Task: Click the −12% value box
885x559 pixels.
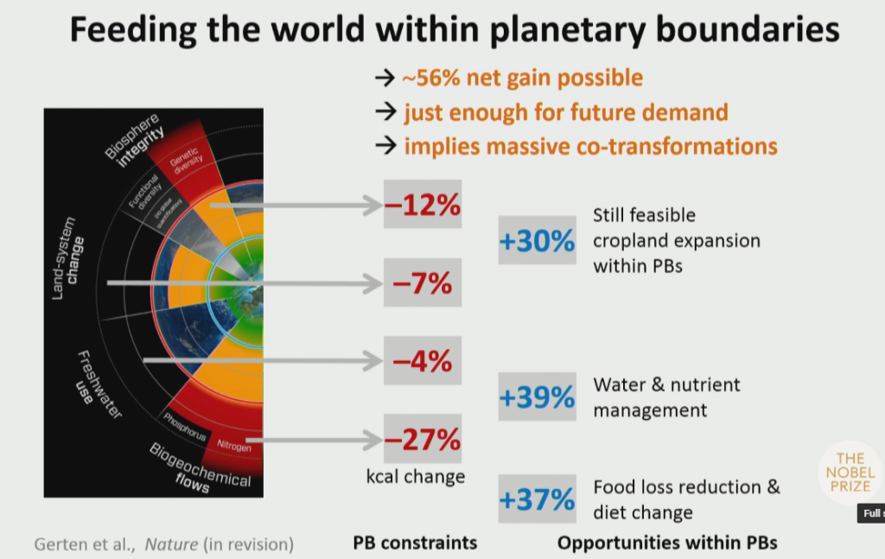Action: coord(423,205)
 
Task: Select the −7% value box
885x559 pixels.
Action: coord(423,283)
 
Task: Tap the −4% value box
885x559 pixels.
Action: coord(423,360)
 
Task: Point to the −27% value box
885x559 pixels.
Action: coord(423,439)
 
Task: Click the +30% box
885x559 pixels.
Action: coord(537,241)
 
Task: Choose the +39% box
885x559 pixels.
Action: coord(537,397)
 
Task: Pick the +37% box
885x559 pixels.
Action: coord(537,499)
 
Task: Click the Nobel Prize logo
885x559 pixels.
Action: coord(850,473)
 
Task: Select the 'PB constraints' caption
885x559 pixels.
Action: coord(415,543)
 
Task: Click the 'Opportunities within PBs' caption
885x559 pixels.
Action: coord(667,543)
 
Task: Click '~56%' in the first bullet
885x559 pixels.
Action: coord(432,78)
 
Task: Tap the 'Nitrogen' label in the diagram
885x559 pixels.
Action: coord(234,448)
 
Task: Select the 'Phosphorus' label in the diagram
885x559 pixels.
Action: coord(185,427)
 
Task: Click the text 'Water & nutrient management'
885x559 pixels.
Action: coord(666,397)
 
